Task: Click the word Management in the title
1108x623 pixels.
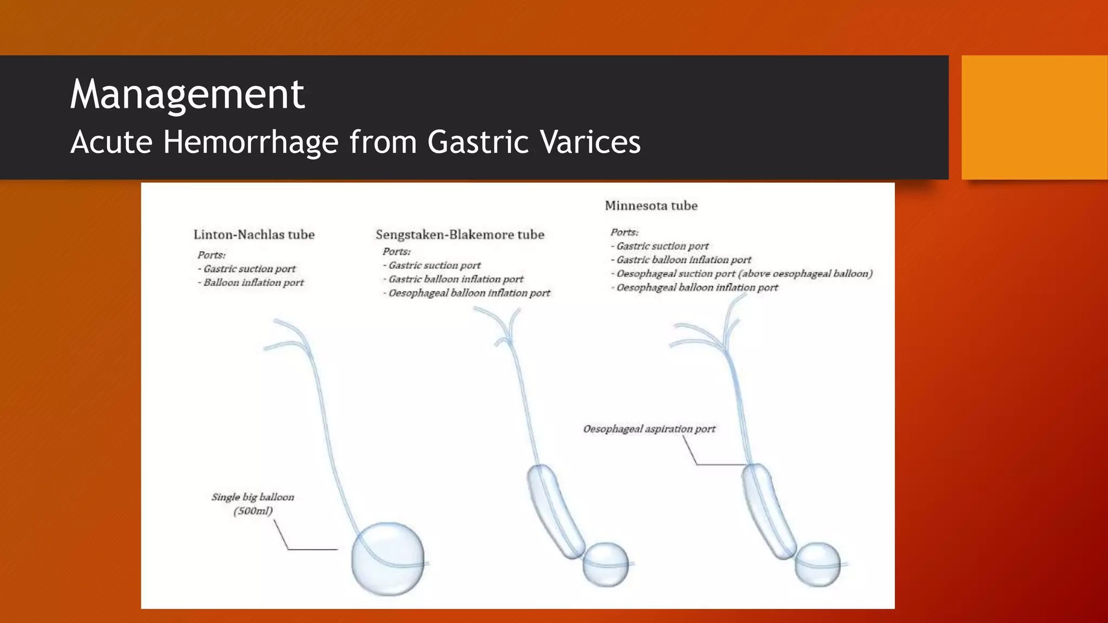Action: coord(187,94)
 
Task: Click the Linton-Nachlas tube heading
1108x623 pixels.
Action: coord(254,235)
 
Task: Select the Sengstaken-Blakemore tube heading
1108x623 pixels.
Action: coord(460,235)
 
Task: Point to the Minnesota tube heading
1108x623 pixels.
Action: coord(651,206)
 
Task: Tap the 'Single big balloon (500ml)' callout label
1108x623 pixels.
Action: coord(253,503)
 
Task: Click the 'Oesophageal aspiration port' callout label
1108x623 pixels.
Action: coord(649,429)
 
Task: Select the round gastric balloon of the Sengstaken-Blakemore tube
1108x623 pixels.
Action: coord(605,564)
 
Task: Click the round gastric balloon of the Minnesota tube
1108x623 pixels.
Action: coord(817,564)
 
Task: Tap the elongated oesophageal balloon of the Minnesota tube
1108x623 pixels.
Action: coord(768,511)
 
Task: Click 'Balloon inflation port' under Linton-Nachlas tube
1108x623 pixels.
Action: coord(253,282)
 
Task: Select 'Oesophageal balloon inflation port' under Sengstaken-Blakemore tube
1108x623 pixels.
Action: coord(469,293)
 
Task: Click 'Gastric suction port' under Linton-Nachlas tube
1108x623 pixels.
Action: coord(249,269)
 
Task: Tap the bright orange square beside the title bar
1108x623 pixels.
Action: coord(1034,117)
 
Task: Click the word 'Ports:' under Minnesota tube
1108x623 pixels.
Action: coord(624,232)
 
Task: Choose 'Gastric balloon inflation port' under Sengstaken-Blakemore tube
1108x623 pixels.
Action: coord(456,279)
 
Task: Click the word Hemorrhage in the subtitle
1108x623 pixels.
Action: coord(251,142)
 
